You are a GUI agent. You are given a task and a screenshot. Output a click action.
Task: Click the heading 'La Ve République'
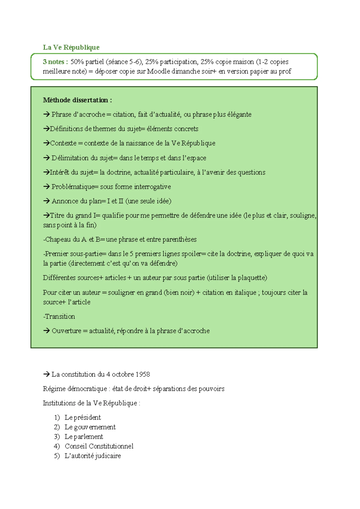click(71, 47)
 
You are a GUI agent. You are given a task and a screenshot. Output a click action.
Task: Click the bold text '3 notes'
click(53, 62)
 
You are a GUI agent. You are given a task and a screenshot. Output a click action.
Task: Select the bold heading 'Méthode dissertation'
click(76, 100)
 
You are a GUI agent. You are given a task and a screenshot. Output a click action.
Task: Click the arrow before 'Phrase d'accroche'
click(46, 114)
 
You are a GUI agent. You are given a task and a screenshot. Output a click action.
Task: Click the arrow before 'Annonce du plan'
click(46, 201)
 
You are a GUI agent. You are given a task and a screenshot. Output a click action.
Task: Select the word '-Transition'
click(59, 316)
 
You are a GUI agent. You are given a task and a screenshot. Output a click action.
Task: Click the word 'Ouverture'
click(66, 331)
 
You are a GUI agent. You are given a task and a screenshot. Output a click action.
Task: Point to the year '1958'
click(142, 374)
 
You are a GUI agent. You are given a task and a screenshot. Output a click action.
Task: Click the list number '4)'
click(57, 446)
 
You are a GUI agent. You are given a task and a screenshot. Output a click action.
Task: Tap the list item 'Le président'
click(82, 417)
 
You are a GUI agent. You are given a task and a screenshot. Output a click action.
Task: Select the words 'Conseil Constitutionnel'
click(99, 446)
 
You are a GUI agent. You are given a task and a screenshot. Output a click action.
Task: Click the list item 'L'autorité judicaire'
click(93, 456)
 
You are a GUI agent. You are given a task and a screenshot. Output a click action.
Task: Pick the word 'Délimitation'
click(70, 158)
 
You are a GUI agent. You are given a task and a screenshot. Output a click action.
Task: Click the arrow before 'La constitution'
click(46, 374)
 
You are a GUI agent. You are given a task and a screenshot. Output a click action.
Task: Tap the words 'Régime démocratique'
click(75, 389)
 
